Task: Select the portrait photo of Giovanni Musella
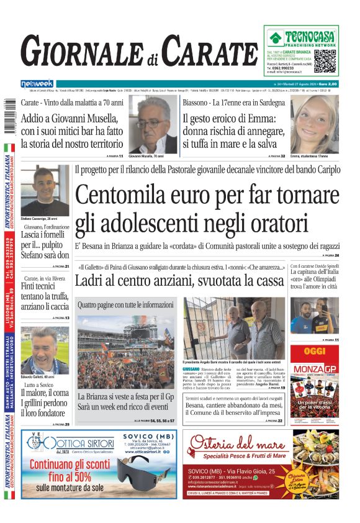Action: click(x=153, y=124)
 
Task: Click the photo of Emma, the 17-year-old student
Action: click(x=315, y=124)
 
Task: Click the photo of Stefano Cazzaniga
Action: click(x=45, y=189)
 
